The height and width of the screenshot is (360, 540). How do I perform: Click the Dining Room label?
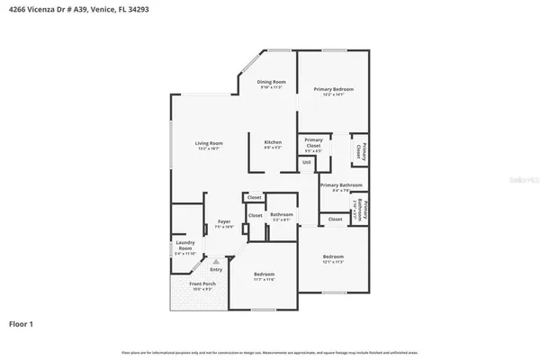coord(271,84)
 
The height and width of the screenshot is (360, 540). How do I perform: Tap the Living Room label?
coord(209,145)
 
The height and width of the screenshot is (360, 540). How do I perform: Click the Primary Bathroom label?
coord(340,186)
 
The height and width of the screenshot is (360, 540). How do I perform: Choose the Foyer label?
coord(222,224)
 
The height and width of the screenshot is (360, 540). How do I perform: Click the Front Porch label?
coord(201,286)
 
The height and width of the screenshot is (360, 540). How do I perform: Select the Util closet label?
coord(307,162)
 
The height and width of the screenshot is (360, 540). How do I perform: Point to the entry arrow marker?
coord(215,261)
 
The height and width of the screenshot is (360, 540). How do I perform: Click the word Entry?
coord(216,269)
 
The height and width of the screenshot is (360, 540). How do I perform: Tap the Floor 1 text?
coord(22,322)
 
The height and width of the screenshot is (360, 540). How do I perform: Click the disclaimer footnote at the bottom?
coord(270,351)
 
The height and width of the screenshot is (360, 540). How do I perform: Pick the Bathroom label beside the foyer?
coord(282,215)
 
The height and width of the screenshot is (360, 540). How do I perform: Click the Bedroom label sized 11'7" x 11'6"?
coord(264,276)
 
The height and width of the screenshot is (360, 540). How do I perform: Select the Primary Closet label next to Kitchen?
coord(313,142)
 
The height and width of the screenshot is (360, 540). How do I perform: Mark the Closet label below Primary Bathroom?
coord(335,219)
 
